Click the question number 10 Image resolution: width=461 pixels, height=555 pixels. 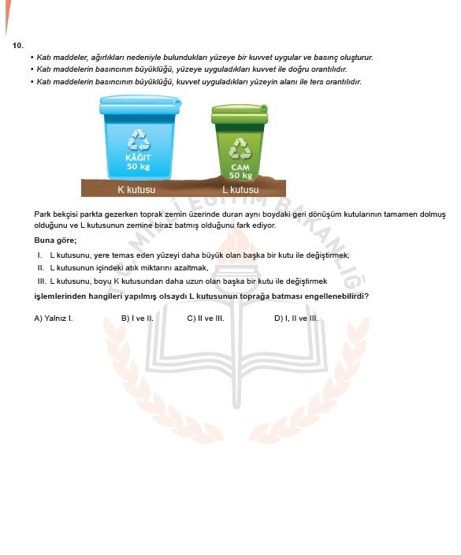(x=18, y=45)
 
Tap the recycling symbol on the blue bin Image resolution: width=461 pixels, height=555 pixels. (x=139, y=140)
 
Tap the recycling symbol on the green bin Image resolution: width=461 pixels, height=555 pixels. (x=240, y=147)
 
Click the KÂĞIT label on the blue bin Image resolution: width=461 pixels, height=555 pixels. (x=138, y=158)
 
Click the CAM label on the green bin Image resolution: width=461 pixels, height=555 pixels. (x=240, y=167)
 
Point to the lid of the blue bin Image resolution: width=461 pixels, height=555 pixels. (x=139, y=104)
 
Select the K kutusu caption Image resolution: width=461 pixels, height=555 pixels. (x=136, y=190)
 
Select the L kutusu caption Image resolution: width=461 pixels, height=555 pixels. (x=240, y=190)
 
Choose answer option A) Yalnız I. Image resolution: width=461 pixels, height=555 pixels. (x=54, y=318)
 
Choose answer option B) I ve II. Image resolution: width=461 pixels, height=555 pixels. (x=137, y=318)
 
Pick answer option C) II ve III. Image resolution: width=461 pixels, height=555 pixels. (x=206, y=318)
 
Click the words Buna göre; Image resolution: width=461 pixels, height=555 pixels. (x=55, y=240)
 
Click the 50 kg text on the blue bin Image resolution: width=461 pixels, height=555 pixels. (x=138, y=166)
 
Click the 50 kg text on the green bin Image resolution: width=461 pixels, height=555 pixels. (x=240, y=175)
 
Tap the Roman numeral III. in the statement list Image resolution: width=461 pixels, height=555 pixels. (x=42, y=281)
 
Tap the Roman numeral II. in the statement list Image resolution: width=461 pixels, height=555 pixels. (x=41, y=268)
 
